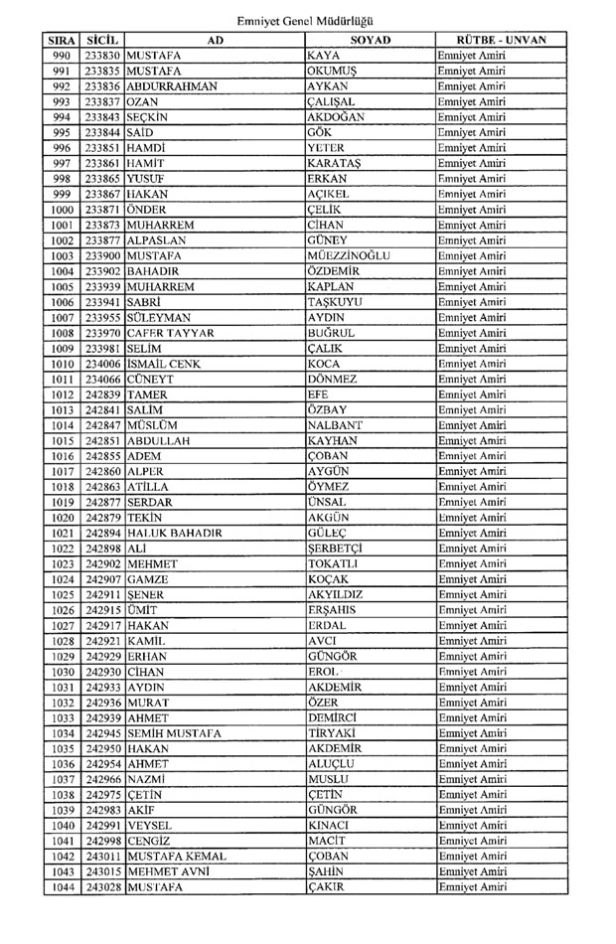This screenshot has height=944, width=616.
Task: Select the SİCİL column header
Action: tap(103, 40)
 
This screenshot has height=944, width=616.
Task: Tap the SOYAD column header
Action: tap(370, 40)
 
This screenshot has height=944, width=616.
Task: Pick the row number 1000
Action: tap(62, 210)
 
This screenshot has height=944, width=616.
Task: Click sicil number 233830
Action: tap(103, 56)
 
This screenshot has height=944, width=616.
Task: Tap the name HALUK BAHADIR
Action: tap(174, 533)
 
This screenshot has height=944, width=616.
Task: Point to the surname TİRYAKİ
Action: tap(333, 733)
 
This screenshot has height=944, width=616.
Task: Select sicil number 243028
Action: tap(103, 887)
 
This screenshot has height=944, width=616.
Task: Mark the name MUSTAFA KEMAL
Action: tap(177, 857)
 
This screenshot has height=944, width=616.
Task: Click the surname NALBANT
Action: tap(335, 425)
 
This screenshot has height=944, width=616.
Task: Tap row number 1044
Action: tap(62, 887)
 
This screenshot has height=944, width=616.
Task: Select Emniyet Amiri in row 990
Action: tap(471, 56)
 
